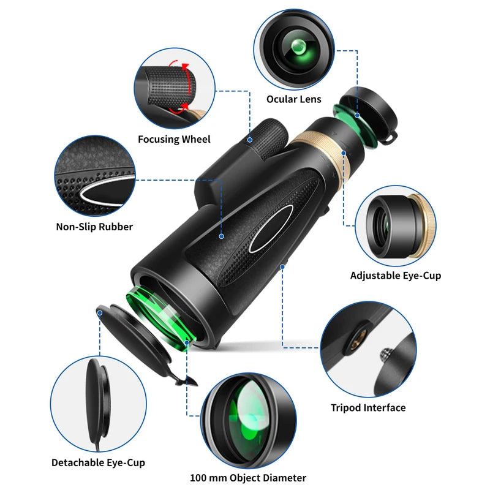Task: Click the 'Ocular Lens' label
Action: [293, 99]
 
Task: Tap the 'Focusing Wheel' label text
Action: [174, 139]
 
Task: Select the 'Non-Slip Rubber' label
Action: [94, 227]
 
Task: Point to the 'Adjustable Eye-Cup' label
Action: [396, 276]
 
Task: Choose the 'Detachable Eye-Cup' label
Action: [98, 462]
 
